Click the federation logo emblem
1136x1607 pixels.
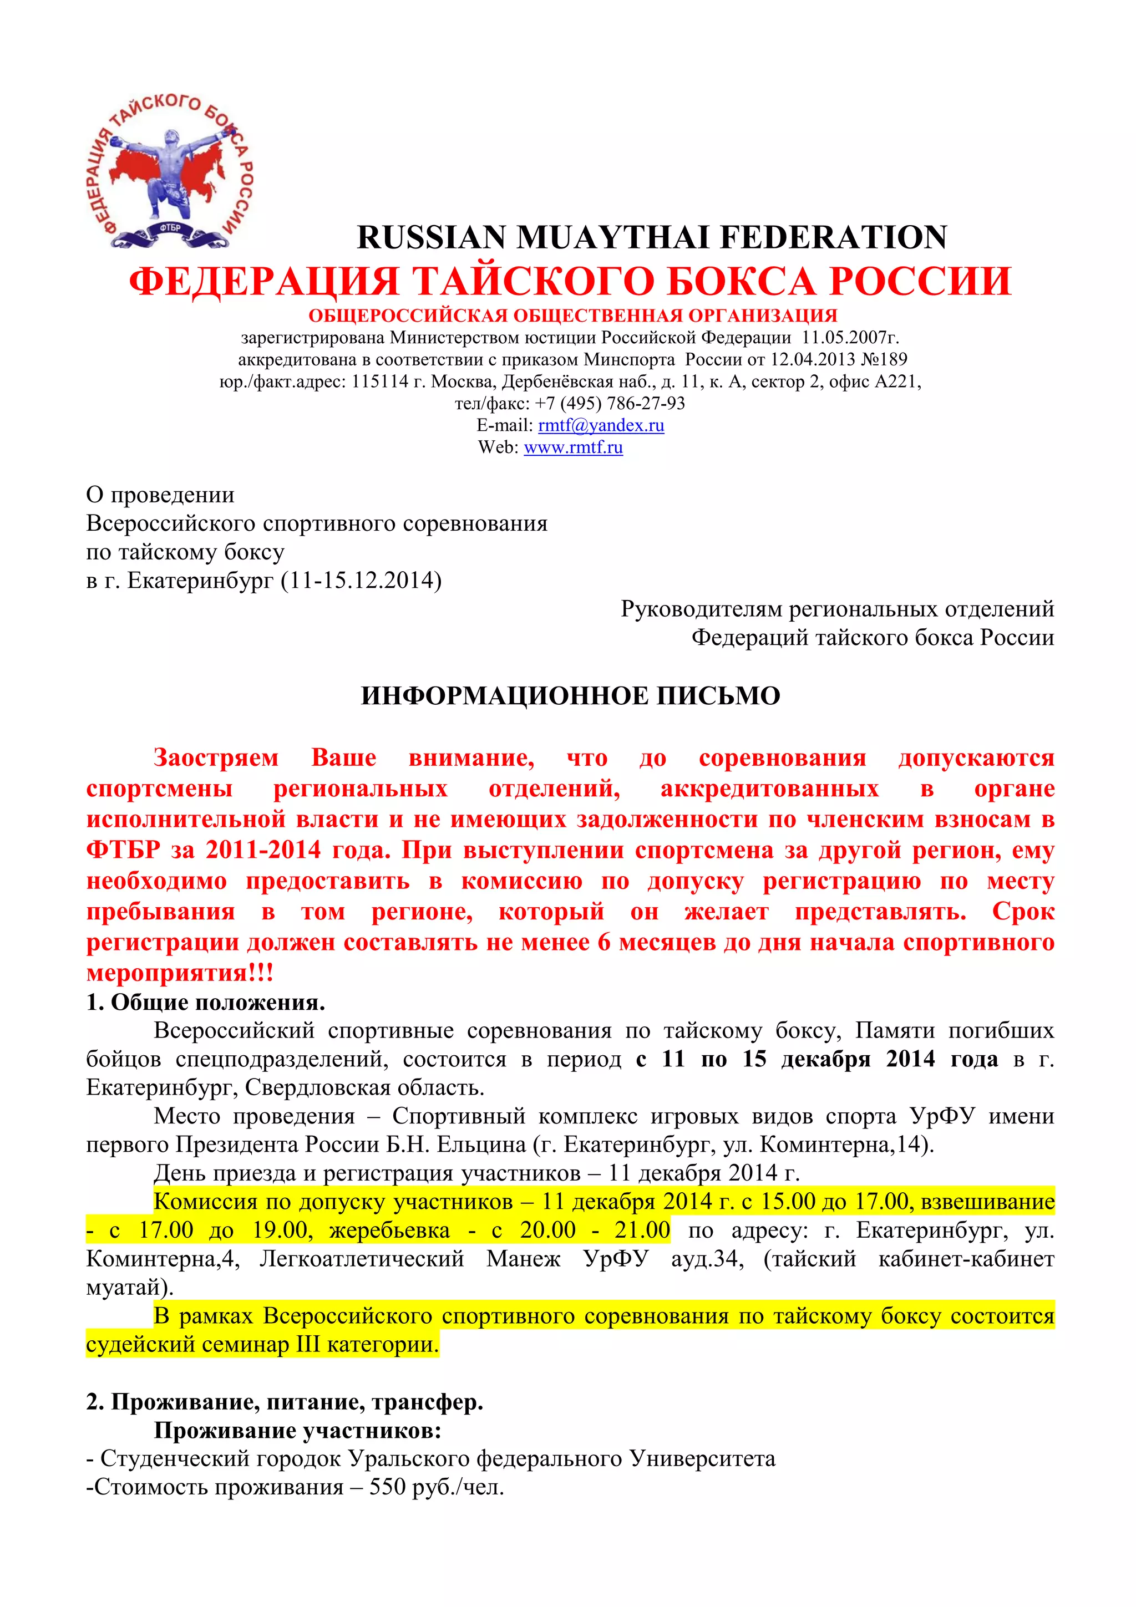click(x=169, y=171)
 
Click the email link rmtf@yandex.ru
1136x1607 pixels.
click(x=601, y=425)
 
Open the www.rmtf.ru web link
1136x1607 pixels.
click(x=572, y=447)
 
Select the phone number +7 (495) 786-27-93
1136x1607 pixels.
click(x=610, y=404)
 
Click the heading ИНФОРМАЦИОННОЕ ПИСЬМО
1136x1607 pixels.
click(x=570, y=696)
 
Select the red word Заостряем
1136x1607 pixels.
click(x=216, y=758)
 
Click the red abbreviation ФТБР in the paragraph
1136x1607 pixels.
click(x=123, y=851)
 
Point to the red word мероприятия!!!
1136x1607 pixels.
click(x=180, y=973)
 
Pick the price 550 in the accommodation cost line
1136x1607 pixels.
click(x=388, y=1487)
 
